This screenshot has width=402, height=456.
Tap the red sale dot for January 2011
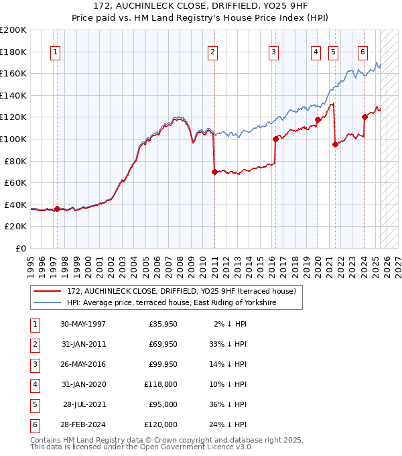pos(214,172)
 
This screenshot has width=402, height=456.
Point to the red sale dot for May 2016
pos(275,139)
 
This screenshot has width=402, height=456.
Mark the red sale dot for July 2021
pos(334,144)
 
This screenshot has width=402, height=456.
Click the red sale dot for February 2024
pos(364,117)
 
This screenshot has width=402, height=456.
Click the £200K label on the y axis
pos(13,30)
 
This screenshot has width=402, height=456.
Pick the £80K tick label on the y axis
pos(15,161)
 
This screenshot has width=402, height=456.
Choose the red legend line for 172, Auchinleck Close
pos(48,291)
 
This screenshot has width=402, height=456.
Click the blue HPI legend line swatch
pos(48,303)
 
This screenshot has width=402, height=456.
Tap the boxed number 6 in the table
pos(34,424)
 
